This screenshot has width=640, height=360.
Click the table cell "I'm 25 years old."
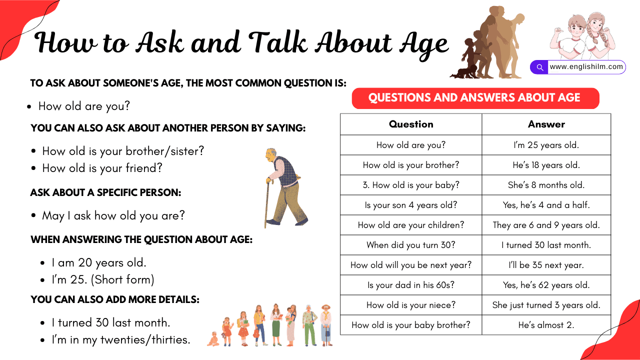pyautogui.click(x=546, y=145)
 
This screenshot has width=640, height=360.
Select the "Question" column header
pyautogui.click(x=411, y=124)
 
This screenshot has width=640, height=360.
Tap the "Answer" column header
pyautogui.click(x=546, y=124)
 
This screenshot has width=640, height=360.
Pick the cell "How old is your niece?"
pyautogui.click(x=411, y=305)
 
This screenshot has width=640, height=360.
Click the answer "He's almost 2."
pyautogui.click(x=546, y=325)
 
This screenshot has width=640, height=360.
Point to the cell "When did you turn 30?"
pyautogui.click(x=411, y=245)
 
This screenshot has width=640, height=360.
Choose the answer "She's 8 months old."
pyautogui.click(x=546, y=185)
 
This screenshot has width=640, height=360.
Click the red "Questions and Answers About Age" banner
pyautogui.click(x=475, y=98)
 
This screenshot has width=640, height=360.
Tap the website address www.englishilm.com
pyautogui.click(x=586, y=67)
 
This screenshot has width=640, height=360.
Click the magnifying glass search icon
pyautogui.click(x=539, y=67)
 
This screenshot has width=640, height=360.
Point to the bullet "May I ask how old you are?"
pyautogui.click(x=113, y=215)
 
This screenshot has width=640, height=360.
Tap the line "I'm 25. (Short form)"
pyautogui.click(x=103, y=279)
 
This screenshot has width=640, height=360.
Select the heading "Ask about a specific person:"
pyautogui.click(x=105, y=192)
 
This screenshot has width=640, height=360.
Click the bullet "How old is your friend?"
pyautogui.click(x=102, y=168)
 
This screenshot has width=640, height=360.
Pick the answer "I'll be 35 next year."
pyautogui.click(x=546, y=265)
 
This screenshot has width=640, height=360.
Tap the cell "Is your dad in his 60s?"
pyautogui.click(x=411, y=285)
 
